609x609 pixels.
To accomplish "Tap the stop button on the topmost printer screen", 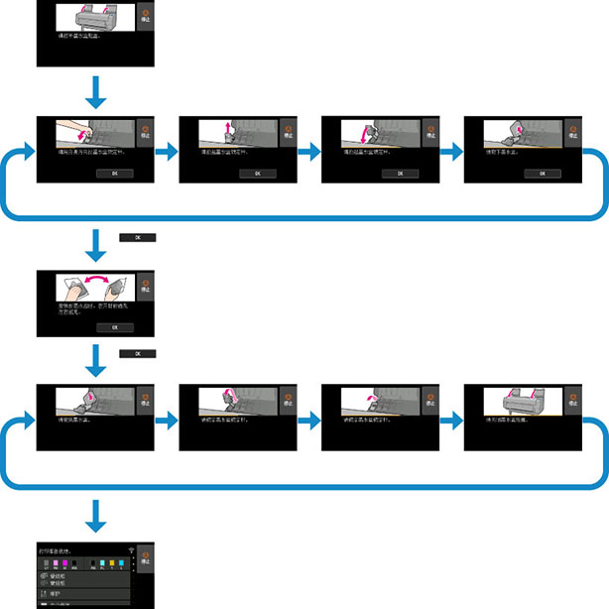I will pos(145,18).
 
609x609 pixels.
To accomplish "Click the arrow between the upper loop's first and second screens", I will pos(167,152).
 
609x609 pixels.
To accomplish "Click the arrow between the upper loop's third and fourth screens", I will pos(451,152).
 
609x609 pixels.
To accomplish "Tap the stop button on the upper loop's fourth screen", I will pos(573,132).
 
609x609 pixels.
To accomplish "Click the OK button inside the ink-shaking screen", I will pos(114,326).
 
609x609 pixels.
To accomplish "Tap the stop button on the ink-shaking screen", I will pos(145,286).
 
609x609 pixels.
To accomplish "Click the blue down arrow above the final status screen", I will pos(96,516).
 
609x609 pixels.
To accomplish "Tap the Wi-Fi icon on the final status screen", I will pos(129,548).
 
